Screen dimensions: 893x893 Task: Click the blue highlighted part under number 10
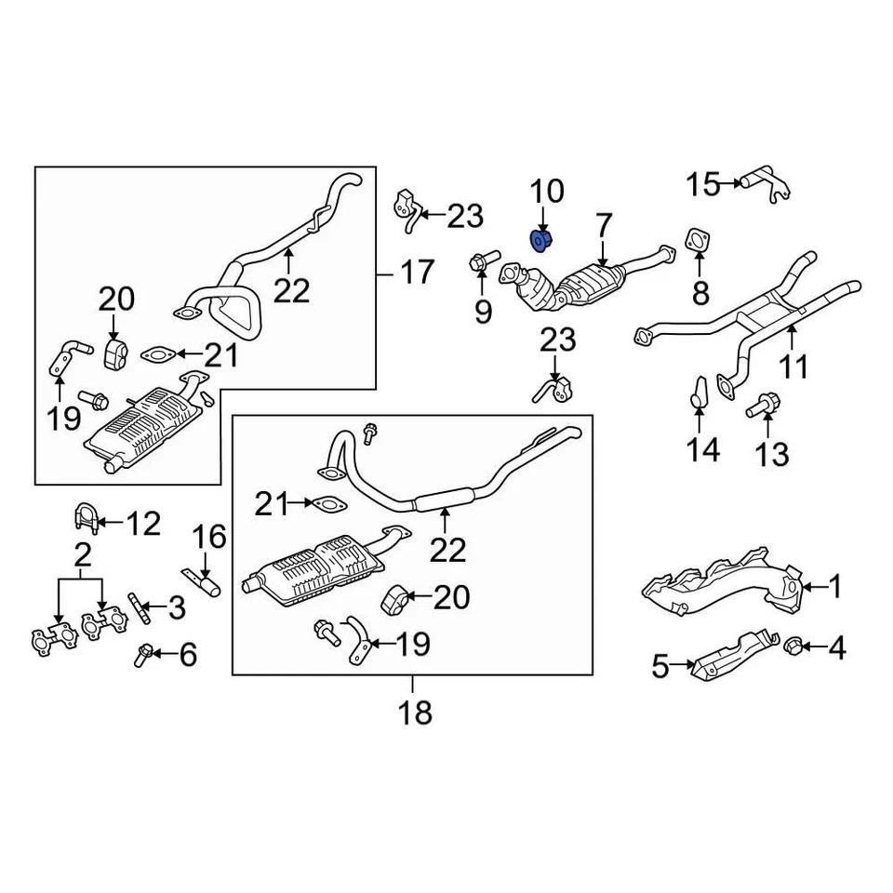[x=541, y=242]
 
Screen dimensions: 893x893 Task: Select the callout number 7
[x=605, y=225]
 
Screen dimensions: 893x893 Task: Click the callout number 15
[x=703, y=184]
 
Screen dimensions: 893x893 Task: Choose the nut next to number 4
[x=795, y=644]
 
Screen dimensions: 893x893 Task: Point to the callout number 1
[x=834, y=586]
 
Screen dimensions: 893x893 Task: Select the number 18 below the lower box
[x=417, y=713]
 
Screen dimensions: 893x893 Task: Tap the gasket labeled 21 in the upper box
[x=159, y=354]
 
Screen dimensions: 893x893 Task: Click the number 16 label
[x=209, y=537]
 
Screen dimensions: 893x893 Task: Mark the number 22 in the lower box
[x=446, y=550]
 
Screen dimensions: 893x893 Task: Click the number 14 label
[x=703, y=450]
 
